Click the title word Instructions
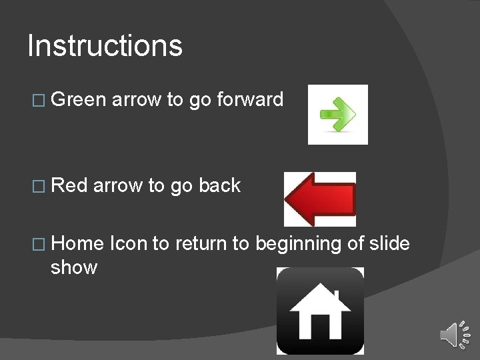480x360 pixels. click(105, 46)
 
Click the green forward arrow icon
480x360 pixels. click(338, 114)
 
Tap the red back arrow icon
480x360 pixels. click(320, 199)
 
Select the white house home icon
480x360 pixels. click(321, 311)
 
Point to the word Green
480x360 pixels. click(78, 100)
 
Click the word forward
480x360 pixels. click(250, 100)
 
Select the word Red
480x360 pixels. click(69, 186)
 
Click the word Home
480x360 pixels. click(77, 244)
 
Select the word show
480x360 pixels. click(74, 267)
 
